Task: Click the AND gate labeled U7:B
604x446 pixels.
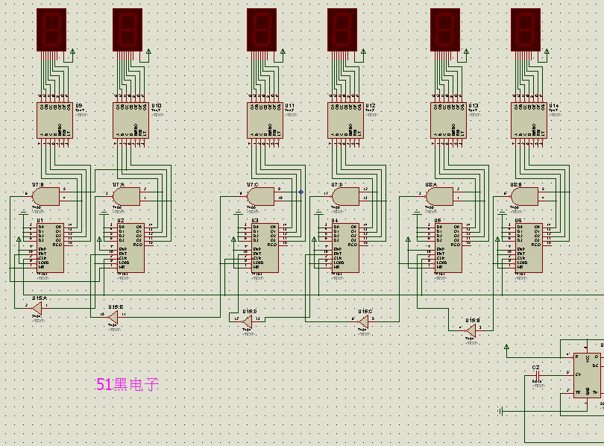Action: (46, 196)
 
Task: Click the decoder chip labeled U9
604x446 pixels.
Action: (55, 119)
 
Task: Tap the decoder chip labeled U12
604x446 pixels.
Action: (345, 119)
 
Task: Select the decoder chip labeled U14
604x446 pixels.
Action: (529, 119)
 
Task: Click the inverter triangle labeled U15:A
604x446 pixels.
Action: (36, 307)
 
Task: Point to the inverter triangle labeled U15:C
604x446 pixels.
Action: (363, 321)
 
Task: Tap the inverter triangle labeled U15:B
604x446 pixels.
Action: (470, 329)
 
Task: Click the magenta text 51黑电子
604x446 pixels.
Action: (128, 385)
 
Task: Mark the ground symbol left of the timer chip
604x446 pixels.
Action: (501, 411)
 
